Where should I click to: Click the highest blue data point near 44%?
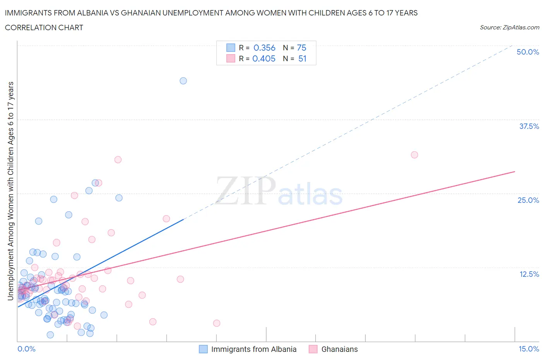(x=183, y=81)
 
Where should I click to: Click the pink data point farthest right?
(x=414, y=155)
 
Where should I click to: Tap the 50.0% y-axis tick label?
(x=528, y=52)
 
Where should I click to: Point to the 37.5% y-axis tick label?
(x=529, y=126)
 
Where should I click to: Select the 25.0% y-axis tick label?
(x=528, y=200)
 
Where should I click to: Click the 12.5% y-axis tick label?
(x=529, y=274)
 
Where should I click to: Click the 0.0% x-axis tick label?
(x=26, y=349)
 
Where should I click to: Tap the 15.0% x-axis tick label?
(x=529, y=349)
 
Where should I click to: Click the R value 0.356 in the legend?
(x=264, y=48)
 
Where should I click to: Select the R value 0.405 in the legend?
(x=264, y=58)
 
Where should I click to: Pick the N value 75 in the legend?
(x=301, y=48)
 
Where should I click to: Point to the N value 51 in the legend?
(x=302, y=58)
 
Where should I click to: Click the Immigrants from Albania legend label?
(x=253, y=349)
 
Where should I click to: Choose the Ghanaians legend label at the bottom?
(x=339, y=349)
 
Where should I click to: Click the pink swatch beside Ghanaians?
(x=313, y=349)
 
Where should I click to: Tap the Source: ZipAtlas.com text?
(x=509, y=27)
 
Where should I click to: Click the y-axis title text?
(x=11, y=191)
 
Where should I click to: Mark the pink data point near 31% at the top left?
(x=118, y=160)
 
